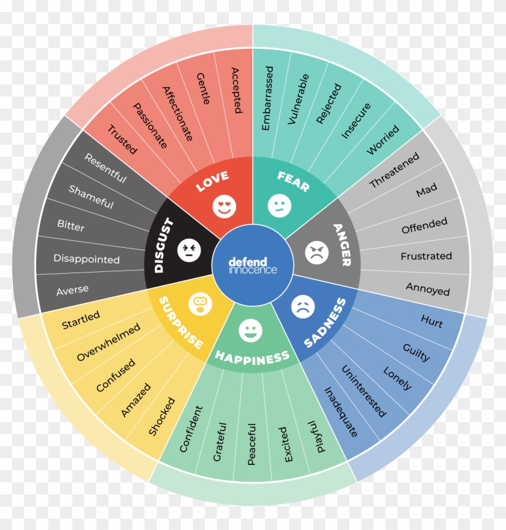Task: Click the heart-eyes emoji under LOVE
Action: tap(224, 207)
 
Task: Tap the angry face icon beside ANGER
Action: tap(316, 253)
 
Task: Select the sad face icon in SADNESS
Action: tap(303, 306)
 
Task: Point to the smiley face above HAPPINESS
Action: tap(251, 330)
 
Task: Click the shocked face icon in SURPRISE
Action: tap(201, 304)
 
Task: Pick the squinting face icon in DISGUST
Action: tap(189, 250)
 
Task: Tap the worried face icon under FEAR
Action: tap(280, 206)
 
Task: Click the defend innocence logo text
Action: tap(252, 266)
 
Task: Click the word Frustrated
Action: tap(426, 256)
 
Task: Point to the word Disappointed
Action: tap(87, 259)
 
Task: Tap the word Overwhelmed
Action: tap(108, 342)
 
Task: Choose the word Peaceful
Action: tap(252, 444)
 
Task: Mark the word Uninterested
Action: tap(364, 391)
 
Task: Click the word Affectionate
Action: tap(178, 113)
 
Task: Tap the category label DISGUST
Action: tap(164, 245)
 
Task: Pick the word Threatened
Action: tap(394, 169)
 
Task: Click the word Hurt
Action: tap(432, 321)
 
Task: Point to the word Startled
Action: tap(81, 320)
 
